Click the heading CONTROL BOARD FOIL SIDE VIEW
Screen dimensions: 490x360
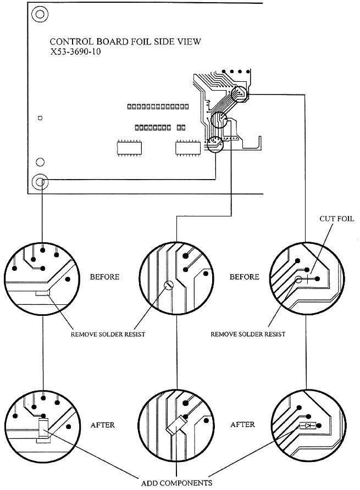point(125,42)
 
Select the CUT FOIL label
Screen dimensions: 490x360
point(336,219)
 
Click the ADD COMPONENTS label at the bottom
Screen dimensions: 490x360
point(176,483)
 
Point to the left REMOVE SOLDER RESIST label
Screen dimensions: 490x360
point(108,335)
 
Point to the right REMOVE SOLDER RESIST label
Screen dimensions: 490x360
point(248,335)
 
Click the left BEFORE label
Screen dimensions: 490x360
point(105,277)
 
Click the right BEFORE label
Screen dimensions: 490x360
point(245,277)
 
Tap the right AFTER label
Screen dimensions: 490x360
point(242,425)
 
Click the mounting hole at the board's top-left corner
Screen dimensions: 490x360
point(37,13)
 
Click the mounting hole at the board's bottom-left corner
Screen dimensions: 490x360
point(39,181)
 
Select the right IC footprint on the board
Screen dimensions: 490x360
point(186,148)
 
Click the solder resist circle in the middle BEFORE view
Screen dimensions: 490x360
point(169,285)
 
